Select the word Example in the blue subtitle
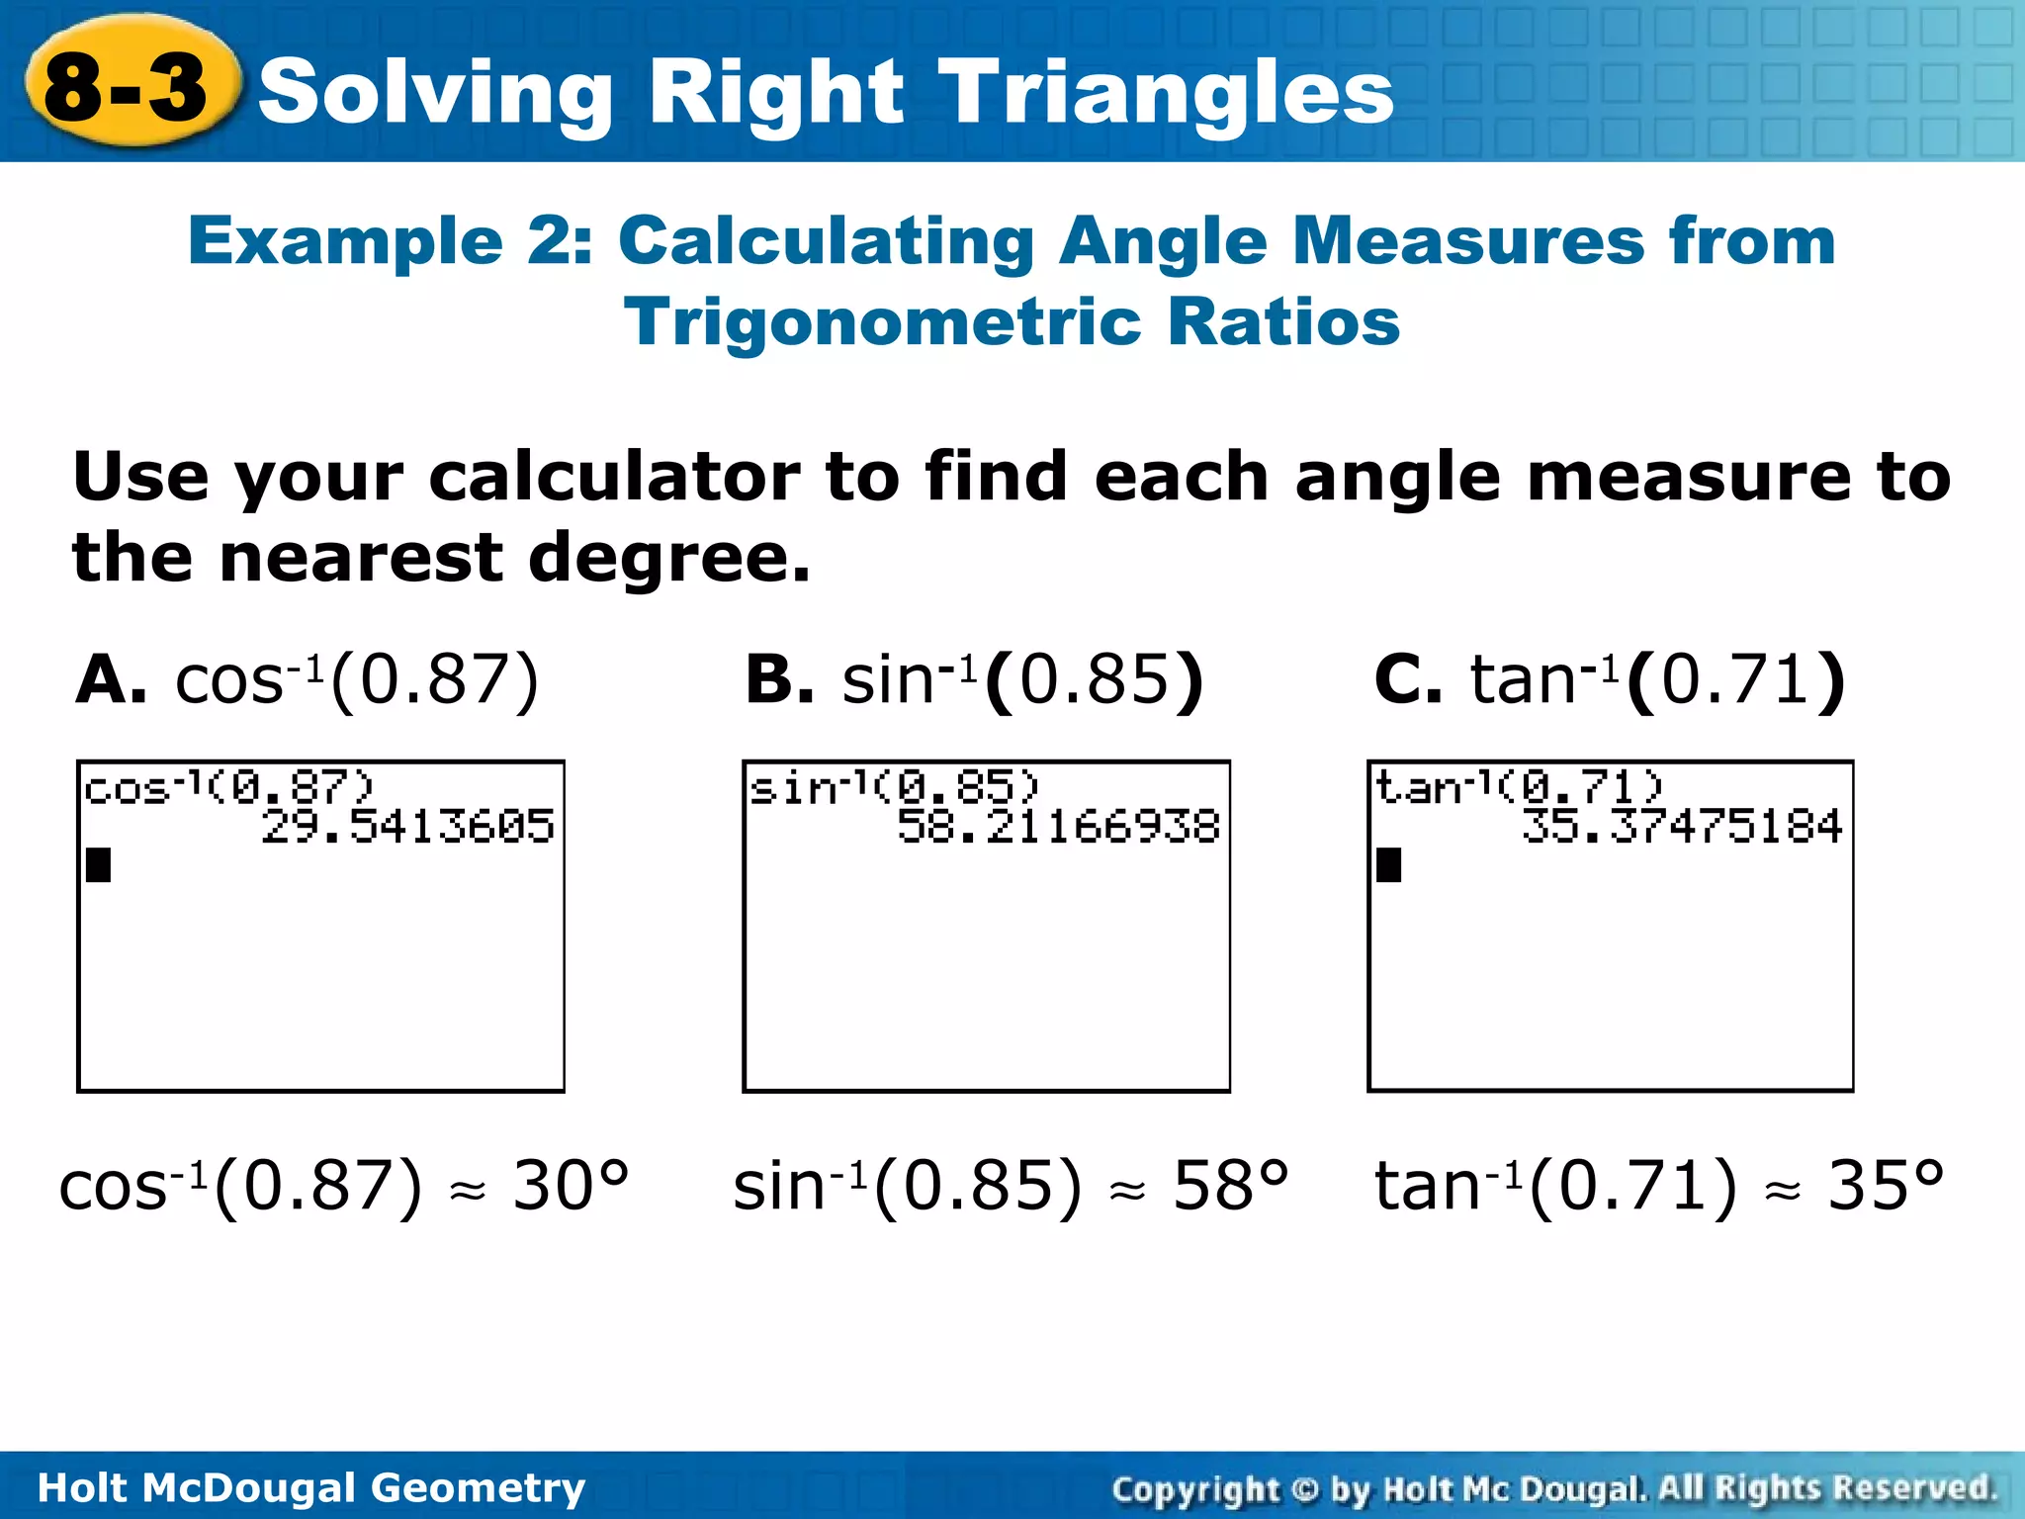[x=345, y=241]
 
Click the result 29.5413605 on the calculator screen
[x=407, y=827]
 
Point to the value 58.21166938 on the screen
[x=1058, y=827]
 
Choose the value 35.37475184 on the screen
[x=1682, y=827]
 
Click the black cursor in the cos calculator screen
[x=99, y=865]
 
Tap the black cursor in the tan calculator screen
[x=1389, y=865]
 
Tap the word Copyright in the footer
[x=1195, y=1488]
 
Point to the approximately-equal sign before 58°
[x=1127, y=1193]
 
